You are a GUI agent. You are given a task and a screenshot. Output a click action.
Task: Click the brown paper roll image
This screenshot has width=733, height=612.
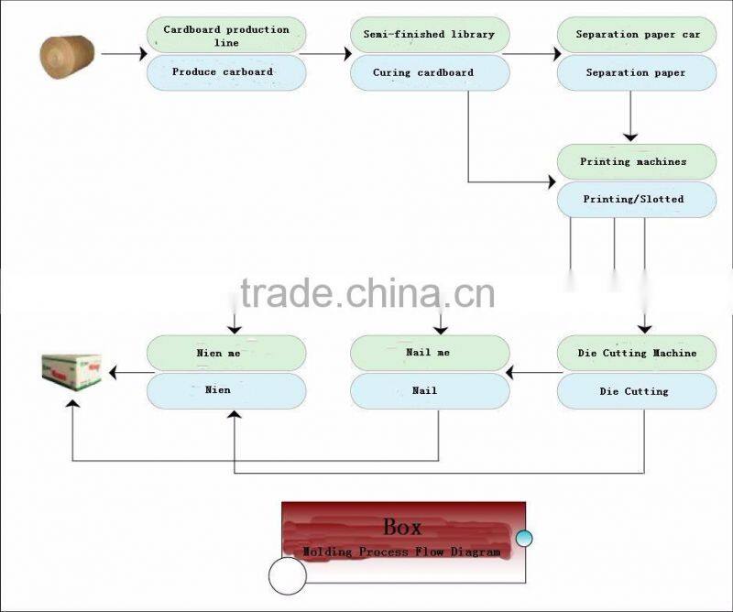click(67, 54)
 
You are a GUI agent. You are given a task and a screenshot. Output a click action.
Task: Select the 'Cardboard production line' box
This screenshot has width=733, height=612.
click(226, 36)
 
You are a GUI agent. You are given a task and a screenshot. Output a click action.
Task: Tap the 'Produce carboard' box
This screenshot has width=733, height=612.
click(226, 71)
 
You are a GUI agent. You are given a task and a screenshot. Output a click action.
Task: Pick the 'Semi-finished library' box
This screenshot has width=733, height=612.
click(430, 35)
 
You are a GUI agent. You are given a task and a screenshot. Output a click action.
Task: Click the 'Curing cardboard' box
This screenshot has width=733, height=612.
click(430, 72)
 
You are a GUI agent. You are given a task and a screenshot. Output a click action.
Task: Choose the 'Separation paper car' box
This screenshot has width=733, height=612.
click(637, 35)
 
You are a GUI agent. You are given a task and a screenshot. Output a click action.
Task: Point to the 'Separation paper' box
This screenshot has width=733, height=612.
click(637, 72)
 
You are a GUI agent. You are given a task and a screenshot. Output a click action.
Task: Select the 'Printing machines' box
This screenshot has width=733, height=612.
click(637, 161)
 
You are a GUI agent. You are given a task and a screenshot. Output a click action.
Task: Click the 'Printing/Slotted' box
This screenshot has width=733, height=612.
click(637, 199)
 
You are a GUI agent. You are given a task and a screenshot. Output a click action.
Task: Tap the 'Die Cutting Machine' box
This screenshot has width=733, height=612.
click(637, 353)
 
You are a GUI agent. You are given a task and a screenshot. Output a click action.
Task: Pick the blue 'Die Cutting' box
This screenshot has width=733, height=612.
click(637, 391)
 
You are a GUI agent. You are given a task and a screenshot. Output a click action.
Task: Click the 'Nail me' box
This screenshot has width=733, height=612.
click(430, 353)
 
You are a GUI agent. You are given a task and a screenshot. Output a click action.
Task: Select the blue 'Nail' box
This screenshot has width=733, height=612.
click(430, 390)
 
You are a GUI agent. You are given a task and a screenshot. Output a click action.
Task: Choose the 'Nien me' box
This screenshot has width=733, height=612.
click(226, 353)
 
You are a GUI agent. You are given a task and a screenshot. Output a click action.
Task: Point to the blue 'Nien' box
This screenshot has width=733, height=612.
click(226, 390)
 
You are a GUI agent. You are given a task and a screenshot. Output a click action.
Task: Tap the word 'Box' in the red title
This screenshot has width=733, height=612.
click(402, 527)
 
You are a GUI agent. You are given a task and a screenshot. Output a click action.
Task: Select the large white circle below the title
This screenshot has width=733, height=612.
click(287, 575)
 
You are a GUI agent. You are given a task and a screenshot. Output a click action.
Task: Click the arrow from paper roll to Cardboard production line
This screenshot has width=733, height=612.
click(122, 54)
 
